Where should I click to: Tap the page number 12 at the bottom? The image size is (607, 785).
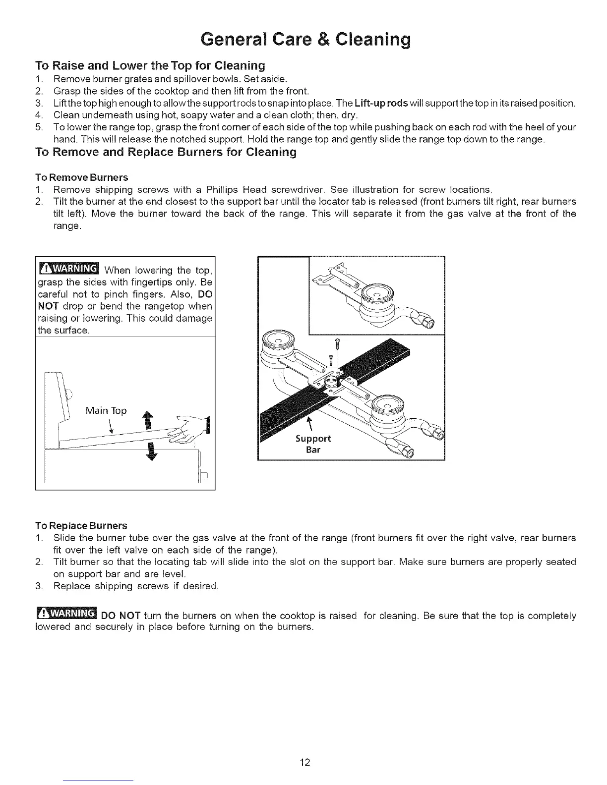coord(304,762)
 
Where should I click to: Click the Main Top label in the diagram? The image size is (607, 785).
coord(106,411)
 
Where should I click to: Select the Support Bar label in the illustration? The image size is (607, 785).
coord(312,444)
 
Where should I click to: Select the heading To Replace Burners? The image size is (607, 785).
coord(81,525)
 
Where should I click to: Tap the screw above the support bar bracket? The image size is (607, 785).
coord(337,342)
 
